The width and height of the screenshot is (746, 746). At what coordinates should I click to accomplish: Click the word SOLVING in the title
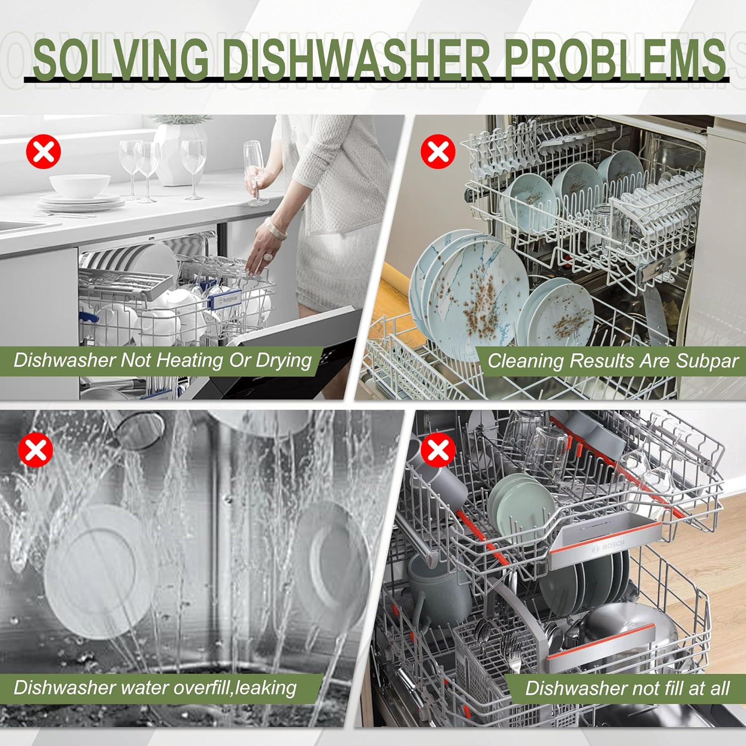[x=121, y=59]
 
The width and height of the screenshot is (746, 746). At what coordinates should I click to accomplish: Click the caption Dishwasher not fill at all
[x=628, y=688]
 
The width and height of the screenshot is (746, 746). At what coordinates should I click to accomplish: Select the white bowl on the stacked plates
[x=80, y=186]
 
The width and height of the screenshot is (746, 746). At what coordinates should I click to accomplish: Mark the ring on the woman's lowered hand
[x=268, y=257]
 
